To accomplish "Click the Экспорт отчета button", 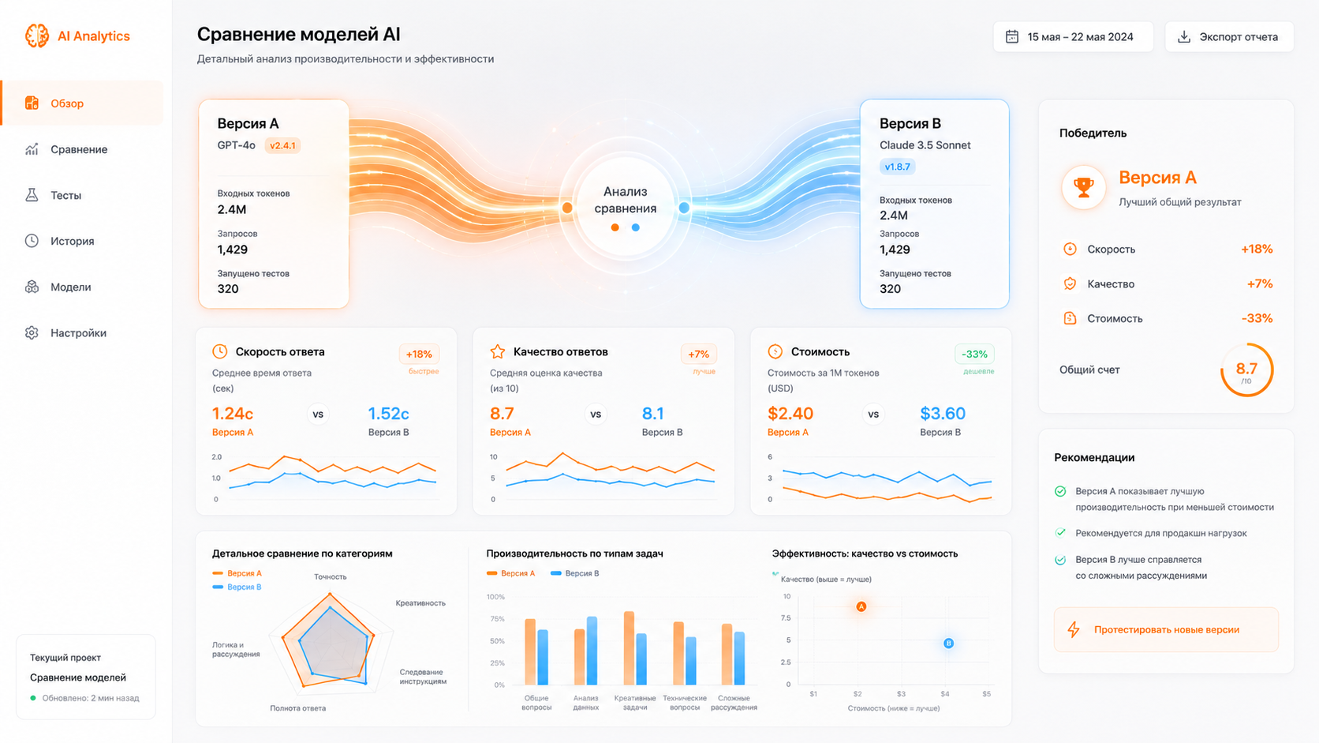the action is pyautogui.click(x=1229, y=36).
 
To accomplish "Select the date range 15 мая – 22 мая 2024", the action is pyautogui.click(x=1073, y=36).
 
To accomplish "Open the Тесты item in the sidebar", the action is pyautogui.click(x=65, y=195).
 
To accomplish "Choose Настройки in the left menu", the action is pyautogui.click(x=78, y=333).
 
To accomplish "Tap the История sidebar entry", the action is pyautogui.click(x=72, y=241).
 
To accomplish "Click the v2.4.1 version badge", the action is pyautogui.click(x=282, y=145).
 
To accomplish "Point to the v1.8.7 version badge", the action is pyautogui.click(x=898, y=167).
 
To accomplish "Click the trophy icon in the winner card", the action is pyautogui.click(x=1083, y=187).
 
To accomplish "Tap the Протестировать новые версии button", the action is pyautogui.click(x=1166, y=629).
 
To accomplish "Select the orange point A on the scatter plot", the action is pyautogui.click(x=861, y=606).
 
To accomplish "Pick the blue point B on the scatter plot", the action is pyautogui.click(x=948, y=643).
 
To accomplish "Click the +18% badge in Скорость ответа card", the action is pyautogui.click(x=419, y=354).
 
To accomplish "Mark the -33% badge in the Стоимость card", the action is pyautogui.click(x=974, y=354).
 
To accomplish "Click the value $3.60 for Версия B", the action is pyautogui.click(x=943, y=414).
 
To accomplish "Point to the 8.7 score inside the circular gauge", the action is pyautogui.click(x=1246, y=368).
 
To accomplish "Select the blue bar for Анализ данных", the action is pyautogui.click(x=592, y=651).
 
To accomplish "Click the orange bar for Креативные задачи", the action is pyautogui.click(x=629, y=648).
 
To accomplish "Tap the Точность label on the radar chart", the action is pyautogui.click(x=331, y=577).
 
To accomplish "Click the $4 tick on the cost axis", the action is pyautogui.click(x=945, y=693).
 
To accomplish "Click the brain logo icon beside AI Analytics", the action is pyautogui.click(x=36, y=36).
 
